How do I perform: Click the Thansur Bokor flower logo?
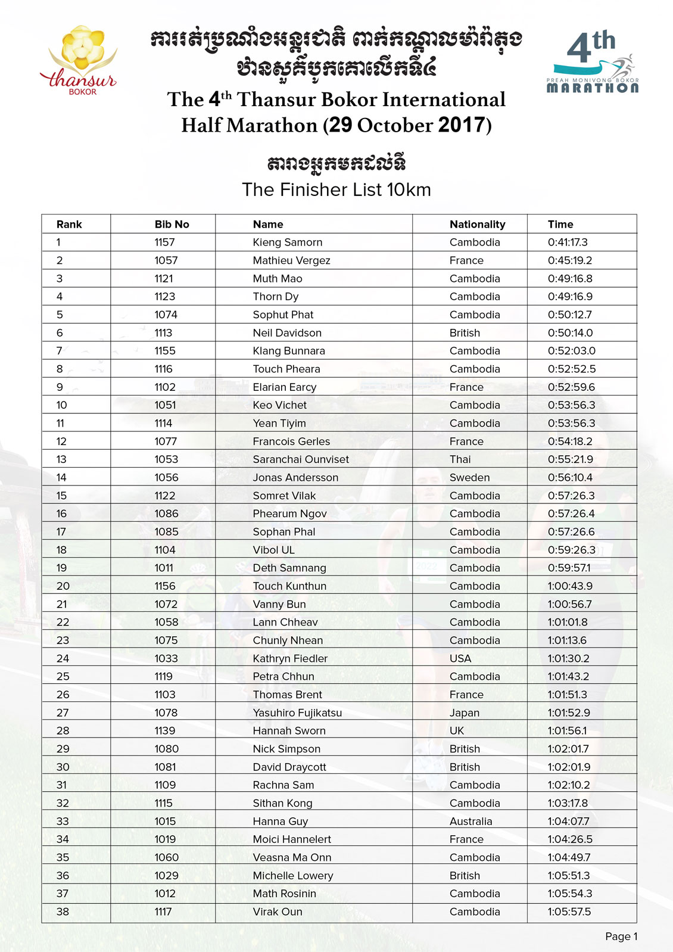(x=80, y=59)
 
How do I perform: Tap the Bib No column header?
(x=172, y=225)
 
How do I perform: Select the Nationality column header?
(x=477, y=225)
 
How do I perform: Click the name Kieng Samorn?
(x=287, y=242)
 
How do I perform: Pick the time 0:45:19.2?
(x=569, y=260)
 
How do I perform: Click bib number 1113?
(x=163, y=333)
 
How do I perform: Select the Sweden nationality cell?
(x=469, y=477)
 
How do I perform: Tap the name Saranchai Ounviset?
(x=301, y=459)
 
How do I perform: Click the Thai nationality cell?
(x=460, y=459)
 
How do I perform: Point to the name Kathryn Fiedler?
(x=290, y=658)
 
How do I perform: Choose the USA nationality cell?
(x=460, y=658)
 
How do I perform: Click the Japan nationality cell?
(x=464, y=713)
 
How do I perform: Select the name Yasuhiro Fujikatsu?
(x=297, y=713)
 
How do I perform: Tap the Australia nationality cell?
(x=471, y=821)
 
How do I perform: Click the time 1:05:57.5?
(x=569, y=911)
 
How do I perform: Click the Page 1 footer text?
(x=621, y=937)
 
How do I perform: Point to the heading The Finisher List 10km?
(x=336, y=189)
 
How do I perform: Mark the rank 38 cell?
(x=63, y=911)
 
